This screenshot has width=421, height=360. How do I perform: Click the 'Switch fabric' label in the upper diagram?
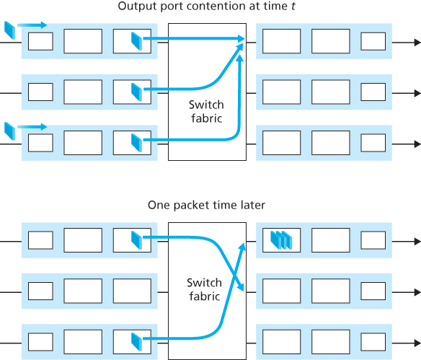tap(205, 111)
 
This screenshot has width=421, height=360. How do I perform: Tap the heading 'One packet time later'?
tap(206, 206)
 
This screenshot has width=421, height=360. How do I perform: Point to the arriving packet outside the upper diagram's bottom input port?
tap(9, 131)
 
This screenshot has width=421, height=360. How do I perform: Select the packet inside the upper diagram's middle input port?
tap(137, 92)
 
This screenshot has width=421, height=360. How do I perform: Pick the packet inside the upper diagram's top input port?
tap(137, 42)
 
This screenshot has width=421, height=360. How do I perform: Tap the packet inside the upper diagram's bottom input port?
tap(137, 143)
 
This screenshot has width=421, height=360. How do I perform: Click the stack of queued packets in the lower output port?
tap(280, 240)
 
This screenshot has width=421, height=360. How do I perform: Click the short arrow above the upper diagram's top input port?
tap(32, 25)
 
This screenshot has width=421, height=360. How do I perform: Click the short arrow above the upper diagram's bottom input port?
tap(32, 126)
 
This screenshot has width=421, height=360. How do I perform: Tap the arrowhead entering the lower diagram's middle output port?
tap(244, 289)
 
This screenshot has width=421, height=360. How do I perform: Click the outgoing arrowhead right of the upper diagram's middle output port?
tap(416, 92)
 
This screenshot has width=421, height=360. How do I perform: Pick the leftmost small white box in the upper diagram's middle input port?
tap(40, 92)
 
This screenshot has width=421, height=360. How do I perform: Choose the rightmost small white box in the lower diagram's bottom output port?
tap(373, 341)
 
